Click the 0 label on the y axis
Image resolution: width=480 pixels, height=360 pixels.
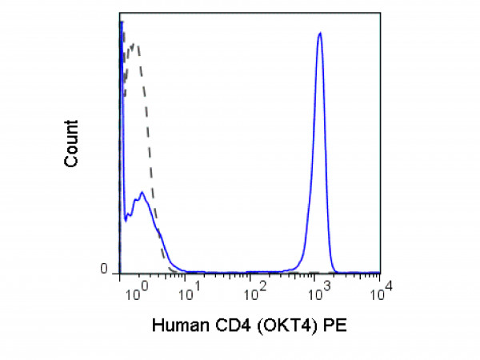tap(104, 270)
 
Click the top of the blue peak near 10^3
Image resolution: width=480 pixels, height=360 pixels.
tap(319, 34)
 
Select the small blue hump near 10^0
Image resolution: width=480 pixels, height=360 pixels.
tap(141, 193)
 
